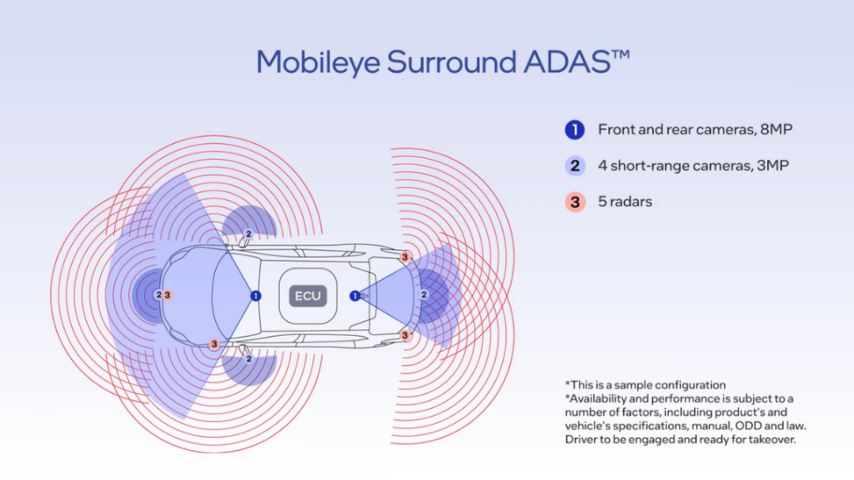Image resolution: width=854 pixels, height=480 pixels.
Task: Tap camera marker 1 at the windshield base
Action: click(x=255, y=296)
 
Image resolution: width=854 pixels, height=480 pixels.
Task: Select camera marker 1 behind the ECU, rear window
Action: click(x=355, y=296)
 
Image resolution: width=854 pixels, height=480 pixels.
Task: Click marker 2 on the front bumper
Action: click(x=159, y=295)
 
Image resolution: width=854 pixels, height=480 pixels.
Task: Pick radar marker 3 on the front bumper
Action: click(x=168, y=295)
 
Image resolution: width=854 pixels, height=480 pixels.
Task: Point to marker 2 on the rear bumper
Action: click(x=424, y=295)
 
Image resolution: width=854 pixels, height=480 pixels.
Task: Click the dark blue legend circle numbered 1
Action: click(x=575, y=130)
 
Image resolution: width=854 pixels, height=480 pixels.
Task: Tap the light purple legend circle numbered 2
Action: click(x=575, y=165)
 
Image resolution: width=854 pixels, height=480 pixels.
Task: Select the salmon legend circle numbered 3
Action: click(x=575, y=202)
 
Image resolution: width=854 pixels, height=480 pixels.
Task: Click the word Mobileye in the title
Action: click(x=317, y=62)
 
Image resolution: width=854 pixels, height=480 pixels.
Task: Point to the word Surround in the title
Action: click(x=448, y=62)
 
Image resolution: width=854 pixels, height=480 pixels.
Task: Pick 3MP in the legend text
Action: click(x=770, y=165)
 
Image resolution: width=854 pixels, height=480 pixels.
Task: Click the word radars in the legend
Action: click(x=630, y=202)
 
